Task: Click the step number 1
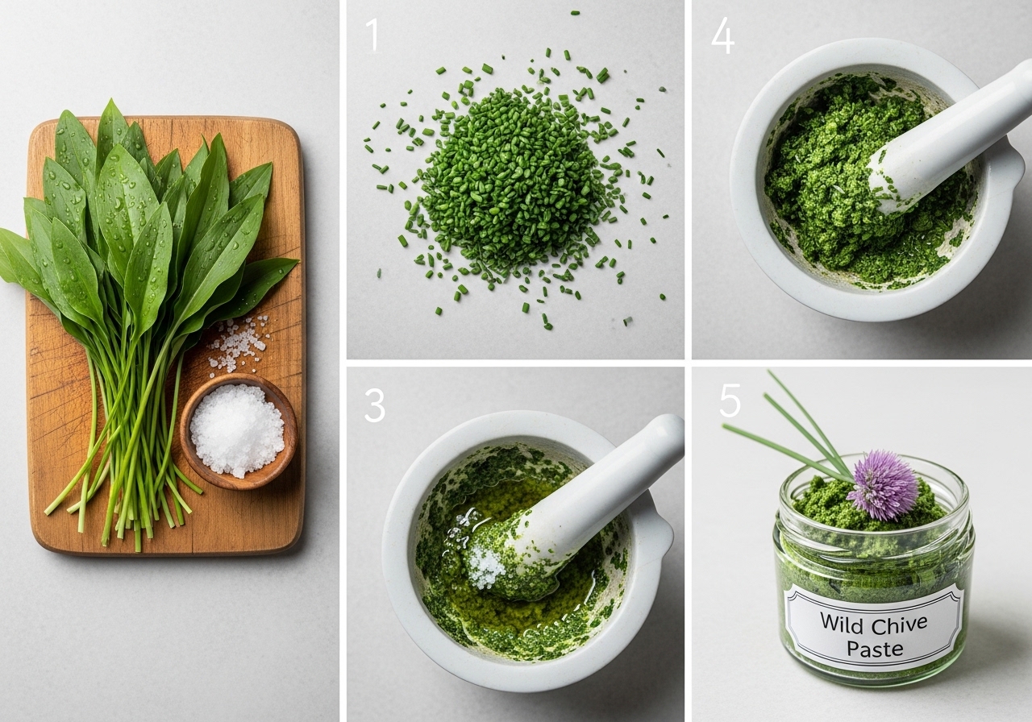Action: tap(372, 35)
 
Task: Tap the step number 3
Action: tap(375, 405)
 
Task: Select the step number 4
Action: tap(722, 35)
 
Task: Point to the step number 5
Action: tap(730, 400)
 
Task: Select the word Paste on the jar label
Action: tap(875, 649)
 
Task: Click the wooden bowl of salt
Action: tap(238, 430)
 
